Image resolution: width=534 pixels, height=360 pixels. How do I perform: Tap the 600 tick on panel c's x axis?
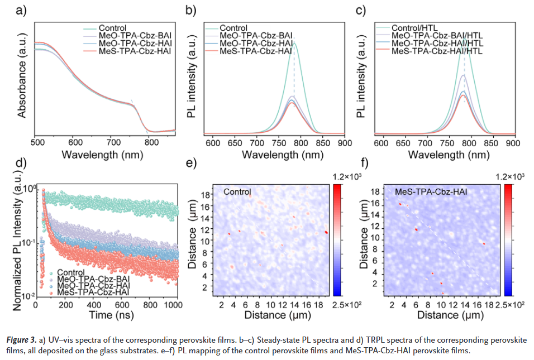click(x=381, y=142)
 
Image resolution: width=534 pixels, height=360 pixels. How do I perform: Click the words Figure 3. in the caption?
click(x=21, y=340)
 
